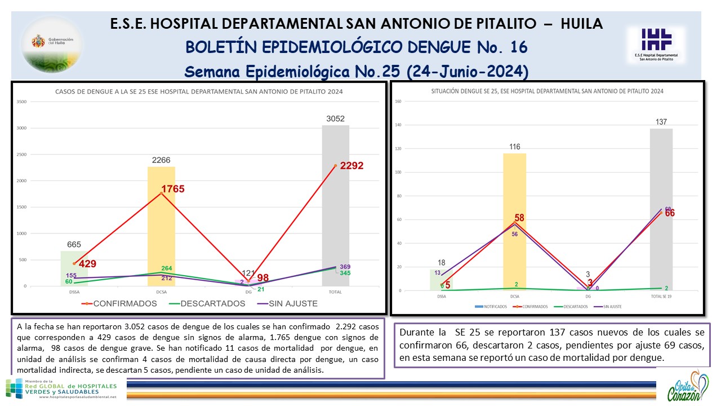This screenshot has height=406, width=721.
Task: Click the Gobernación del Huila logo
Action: tap(52, 42)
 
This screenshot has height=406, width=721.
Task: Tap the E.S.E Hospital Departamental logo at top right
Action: tap(656, 44)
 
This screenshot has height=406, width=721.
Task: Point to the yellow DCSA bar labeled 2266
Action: tap(161, 226)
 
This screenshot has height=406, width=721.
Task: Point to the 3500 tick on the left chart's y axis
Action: tap(22, 102)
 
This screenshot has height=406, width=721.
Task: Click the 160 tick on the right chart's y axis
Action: tap(398, 102)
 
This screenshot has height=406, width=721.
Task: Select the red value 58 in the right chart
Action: tap(519, 218)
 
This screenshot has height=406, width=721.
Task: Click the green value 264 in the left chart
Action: tap(167, 268)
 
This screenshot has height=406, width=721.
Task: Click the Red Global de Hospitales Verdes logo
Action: tap(61, 389)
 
